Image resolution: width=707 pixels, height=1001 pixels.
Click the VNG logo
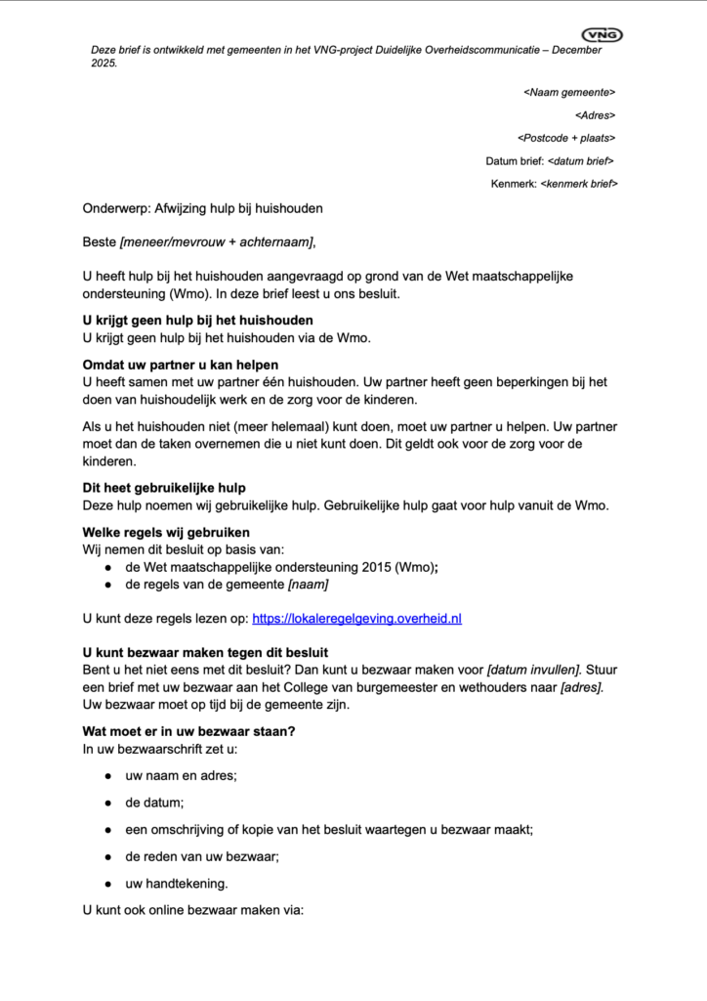click(602, 35)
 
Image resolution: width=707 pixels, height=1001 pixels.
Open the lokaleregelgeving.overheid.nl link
click(356, 619)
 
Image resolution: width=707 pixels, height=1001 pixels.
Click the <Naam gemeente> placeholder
click(569, 92)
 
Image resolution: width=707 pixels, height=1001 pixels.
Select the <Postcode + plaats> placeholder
click(566, 138)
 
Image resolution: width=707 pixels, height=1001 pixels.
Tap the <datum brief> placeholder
click(581, 161)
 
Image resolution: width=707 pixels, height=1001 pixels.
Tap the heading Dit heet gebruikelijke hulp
click(164, 487)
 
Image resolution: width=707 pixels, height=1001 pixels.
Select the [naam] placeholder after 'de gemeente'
click(308, 585)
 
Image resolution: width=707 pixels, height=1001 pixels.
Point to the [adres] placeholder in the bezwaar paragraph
click(582, 686)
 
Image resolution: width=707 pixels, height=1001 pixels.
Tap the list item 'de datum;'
click(154, 803)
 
